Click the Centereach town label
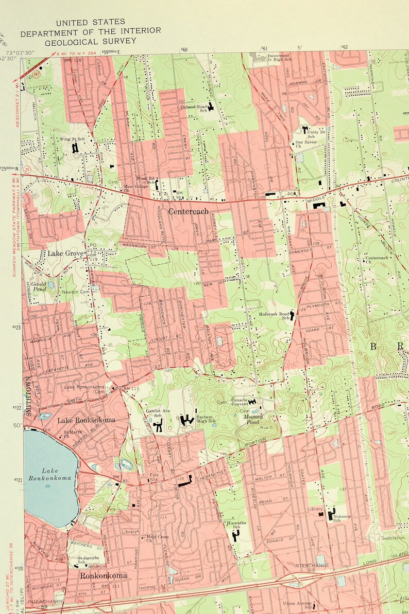pos(188,211)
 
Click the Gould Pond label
pos(39,286)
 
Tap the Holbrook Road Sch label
pos(274,316)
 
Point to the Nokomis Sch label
pos(342,517)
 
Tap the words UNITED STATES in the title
pos(91,22)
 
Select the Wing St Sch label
pos(72,139)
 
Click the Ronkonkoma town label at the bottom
pos(103,575)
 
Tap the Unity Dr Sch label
pos(316,134)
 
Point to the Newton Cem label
pos(76,292)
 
